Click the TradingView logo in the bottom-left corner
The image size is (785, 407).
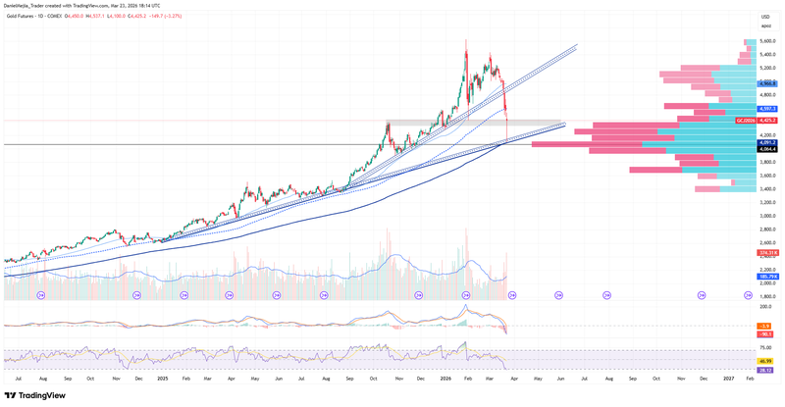tap(37, 395)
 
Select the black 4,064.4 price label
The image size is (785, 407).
tap(767, 149)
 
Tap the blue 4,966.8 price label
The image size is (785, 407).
tap(767, 84)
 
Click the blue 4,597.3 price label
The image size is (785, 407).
tap(767, 109)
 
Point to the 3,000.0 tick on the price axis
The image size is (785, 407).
tap(767, 216)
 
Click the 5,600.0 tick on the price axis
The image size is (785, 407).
tap(767, 41)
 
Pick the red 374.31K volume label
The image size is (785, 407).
tap(768, 253)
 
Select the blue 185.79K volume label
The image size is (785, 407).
tap(768, 277)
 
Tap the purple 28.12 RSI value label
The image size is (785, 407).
tap(768, 371)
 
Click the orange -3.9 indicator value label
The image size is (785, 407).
tap(768, 325)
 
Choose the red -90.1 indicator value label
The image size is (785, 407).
tap(768, 333)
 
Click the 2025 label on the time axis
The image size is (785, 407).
tap(162, 377)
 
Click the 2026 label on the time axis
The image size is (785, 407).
tap(445, 377)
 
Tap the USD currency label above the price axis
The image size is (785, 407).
tap(765, 17)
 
